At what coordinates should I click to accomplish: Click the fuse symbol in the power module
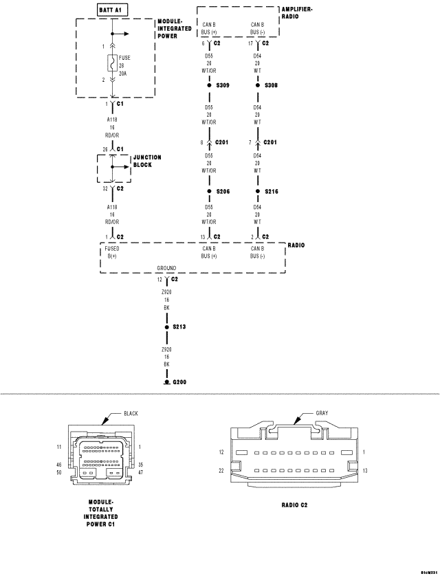(x=111, y=64)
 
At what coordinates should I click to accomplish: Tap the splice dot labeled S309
(x=209, y=85)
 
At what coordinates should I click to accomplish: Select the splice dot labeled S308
(x=258, y=85)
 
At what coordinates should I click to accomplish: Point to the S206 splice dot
(x=209, y=191)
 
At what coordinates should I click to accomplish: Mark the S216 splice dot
(x=258, y=191)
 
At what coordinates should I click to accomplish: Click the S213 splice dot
(x=166, y=327)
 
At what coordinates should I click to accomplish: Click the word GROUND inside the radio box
(x=166, y=268)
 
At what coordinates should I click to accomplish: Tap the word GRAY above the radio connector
(x=322, y=413)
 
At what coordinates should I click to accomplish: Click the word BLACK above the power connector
(x=131, y=414)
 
